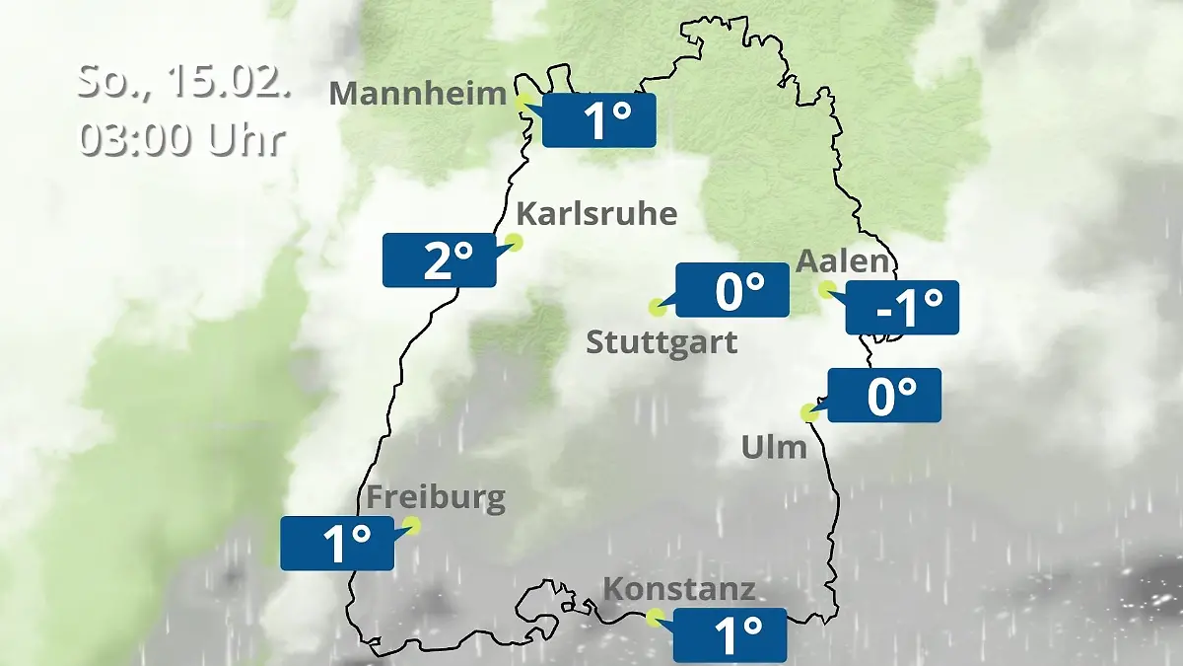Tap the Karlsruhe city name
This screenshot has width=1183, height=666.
tap(596, 214)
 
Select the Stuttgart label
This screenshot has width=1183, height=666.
tap(661, 343)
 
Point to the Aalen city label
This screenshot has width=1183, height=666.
tap(842, 261)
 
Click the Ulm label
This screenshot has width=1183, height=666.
tap(774, 448)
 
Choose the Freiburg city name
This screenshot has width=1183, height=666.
tap(436, 498)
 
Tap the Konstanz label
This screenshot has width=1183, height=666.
tap(678, 590)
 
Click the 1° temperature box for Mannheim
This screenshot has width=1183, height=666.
tap(598, 121)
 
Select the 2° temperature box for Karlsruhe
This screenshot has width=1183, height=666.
tap(439, 260)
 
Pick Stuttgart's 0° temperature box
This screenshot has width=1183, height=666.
tap(731, 291)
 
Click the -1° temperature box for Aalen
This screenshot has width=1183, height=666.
tap(902, 308)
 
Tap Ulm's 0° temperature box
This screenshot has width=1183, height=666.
tap(884, 396)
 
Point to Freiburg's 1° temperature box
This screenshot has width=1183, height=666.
tap(337, 544)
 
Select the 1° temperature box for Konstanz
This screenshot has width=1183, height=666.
tap(730, 634)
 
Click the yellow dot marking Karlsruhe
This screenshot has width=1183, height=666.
tap(514, 241)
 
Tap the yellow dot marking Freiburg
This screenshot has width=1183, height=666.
tap(412, 525)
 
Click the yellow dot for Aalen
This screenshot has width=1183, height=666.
tap(826, 289)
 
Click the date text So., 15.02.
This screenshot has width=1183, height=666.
tap(184, 81)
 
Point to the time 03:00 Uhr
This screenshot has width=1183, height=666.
tap(182, 139)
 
